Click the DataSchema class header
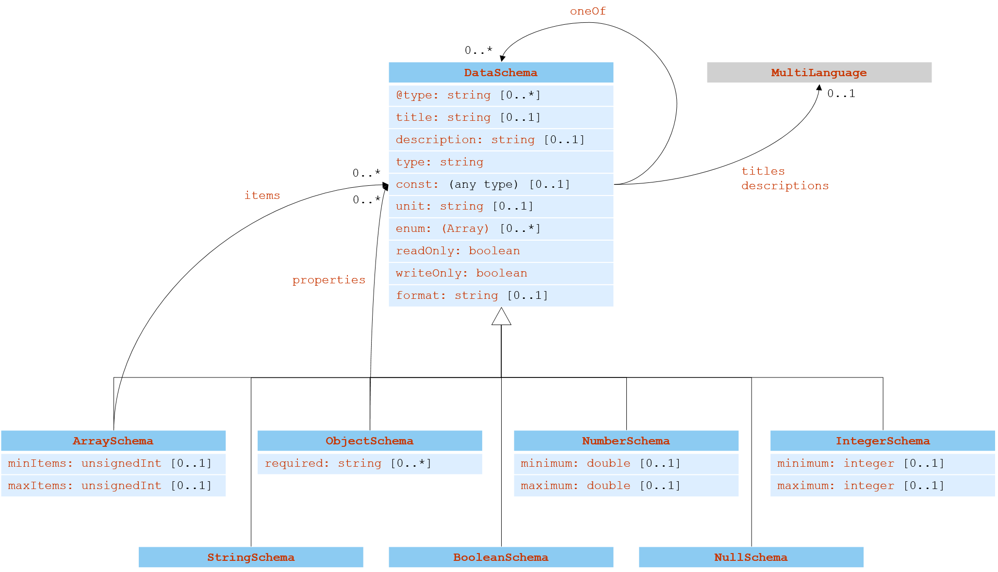pos(501,73)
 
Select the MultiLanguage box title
pos(818,73)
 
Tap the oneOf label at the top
pos(588,11)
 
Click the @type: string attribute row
pos(501,95)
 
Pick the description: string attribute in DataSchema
pos(501,140)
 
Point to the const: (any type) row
pos(501,184)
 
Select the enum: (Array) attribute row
pos(501,229)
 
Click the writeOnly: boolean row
pos(501,273)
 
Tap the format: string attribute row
pos(501,295)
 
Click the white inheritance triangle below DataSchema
pos(501,318)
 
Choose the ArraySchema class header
pos(113,441)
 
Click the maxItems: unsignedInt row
pos(113,486)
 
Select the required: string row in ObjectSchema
pos(369,463)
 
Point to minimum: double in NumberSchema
pos(626,463)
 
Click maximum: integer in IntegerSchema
pos(883,486)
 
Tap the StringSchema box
pos(251,557)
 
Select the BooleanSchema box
pos(501,557)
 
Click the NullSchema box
pos(751,557)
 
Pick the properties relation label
pos(329,280)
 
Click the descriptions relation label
pos(785,186)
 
